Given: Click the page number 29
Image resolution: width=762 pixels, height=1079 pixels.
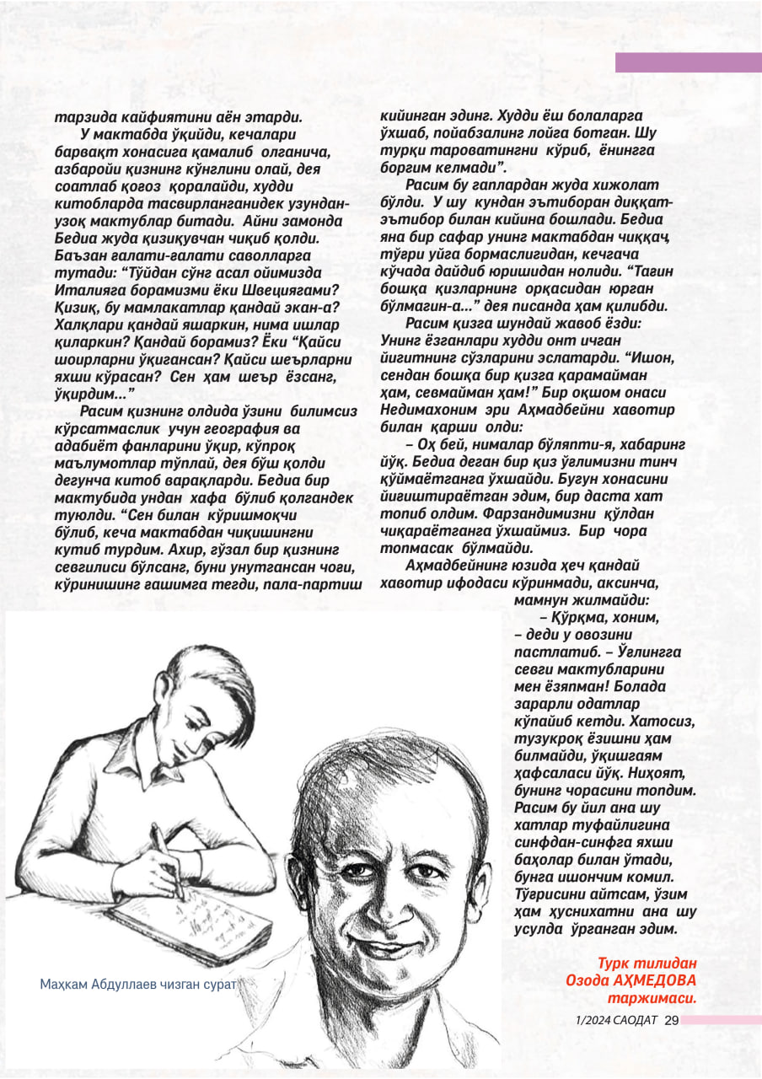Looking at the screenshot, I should tap(672, 1020).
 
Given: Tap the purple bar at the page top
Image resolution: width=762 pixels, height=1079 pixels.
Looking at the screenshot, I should tap(688, 62).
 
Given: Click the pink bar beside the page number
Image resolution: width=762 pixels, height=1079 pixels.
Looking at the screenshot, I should tap(721, 1020).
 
